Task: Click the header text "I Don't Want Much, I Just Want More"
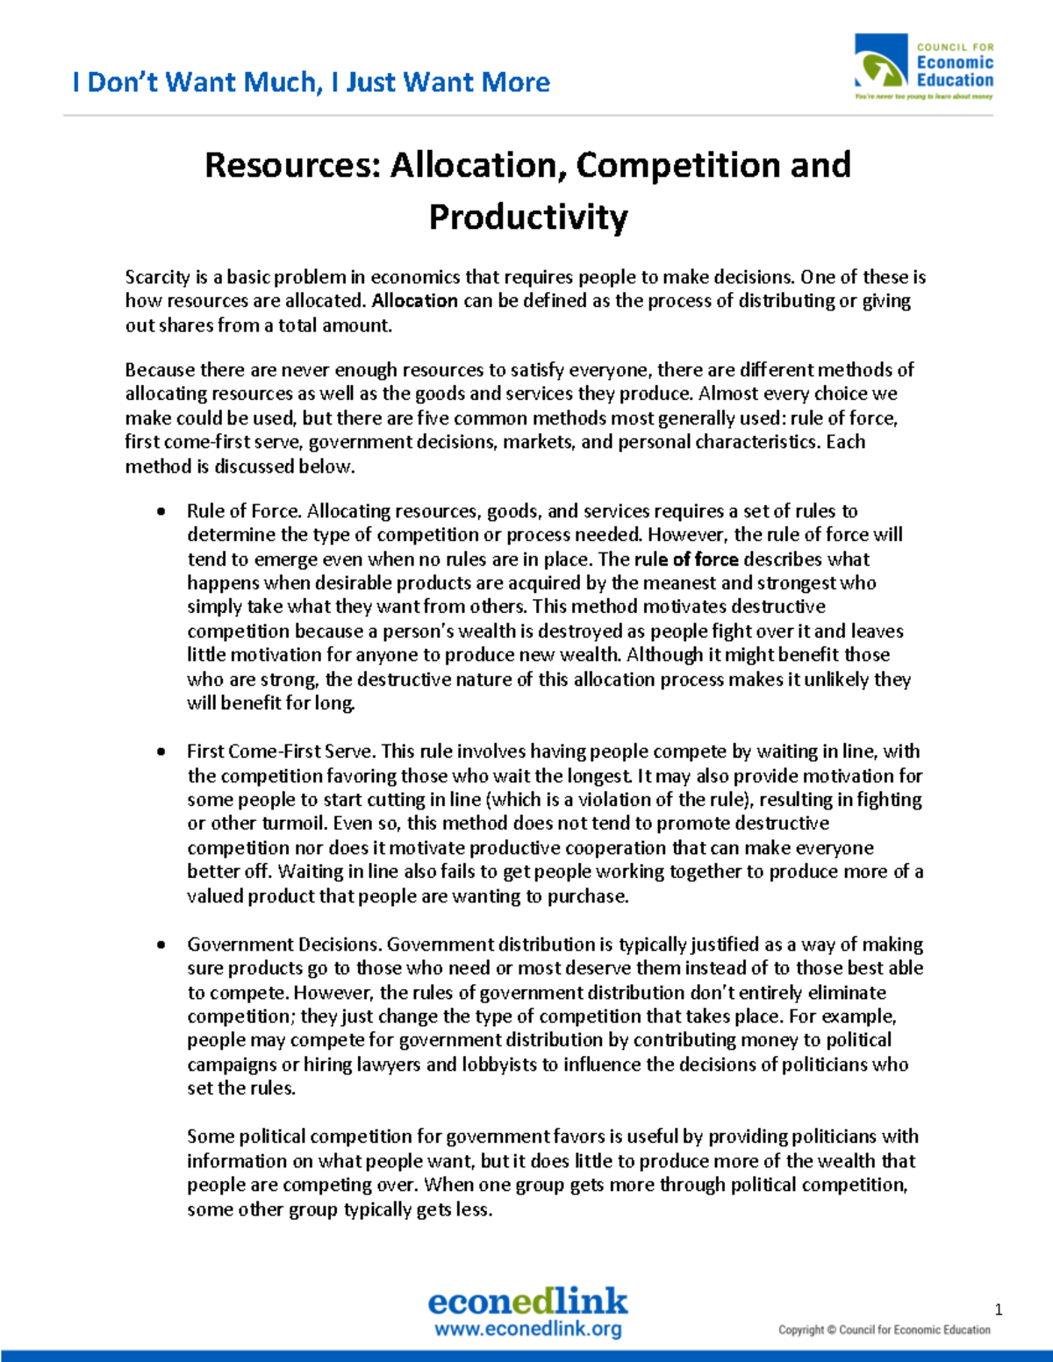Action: [x=311, y=82]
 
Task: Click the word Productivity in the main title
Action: [x=527, y=217]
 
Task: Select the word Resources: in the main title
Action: [x=292, y=165]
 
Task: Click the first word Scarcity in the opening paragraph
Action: [x=157, y=277]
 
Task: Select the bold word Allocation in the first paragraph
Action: [x=414, y=301]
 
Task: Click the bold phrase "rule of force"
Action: [x=685, y=560]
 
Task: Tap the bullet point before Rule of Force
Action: [x=161, y=511]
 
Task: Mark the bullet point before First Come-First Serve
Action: [x=161, y=752]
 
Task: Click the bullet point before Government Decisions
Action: [x=161, y=945]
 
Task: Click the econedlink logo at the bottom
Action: [x=527, y=1301]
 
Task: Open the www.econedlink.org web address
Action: [x=527, y=1329]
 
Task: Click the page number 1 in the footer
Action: [x=998, y=1309]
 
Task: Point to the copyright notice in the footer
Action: [x=884, y=1330]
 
